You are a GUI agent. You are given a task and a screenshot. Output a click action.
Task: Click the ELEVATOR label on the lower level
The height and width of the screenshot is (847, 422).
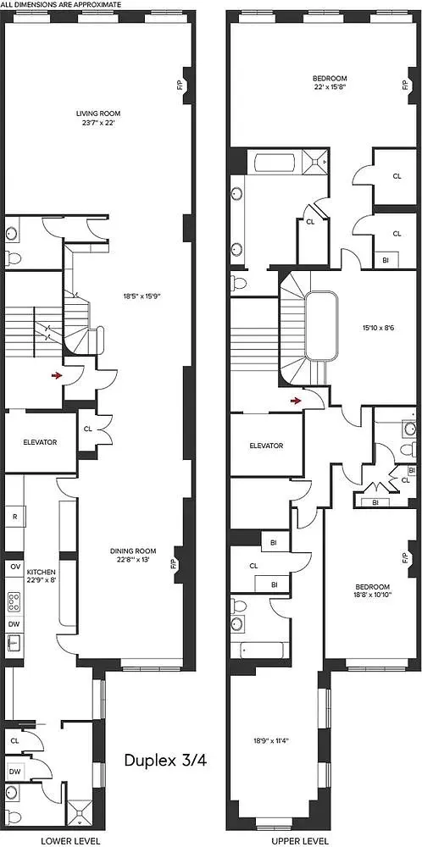pos(40,442)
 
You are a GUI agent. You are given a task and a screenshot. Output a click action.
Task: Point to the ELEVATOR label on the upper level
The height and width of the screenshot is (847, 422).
pos(265,446)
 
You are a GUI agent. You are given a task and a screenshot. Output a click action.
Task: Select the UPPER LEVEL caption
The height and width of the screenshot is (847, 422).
pos(301,840)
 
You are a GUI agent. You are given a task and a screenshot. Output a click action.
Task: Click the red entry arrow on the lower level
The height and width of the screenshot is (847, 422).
pos(56,374)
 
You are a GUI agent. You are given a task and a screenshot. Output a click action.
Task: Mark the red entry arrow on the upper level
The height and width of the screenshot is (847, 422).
pos(295,400)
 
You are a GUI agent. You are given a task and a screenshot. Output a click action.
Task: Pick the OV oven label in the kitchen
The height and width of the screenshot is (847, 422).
pos(14,566)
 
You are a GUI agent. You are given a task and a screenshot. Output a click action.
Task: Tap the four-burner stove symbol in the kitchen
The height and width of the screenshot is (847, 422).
pos(14,601)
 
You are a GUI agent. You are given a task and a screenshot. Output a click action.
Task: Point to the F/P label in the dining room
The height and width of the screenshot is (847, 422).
pos(173,562)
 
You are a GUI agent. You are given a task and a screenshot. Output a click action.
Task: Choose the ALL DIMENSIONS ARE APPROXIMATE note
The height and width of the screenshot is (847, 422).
pos(61,5)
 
